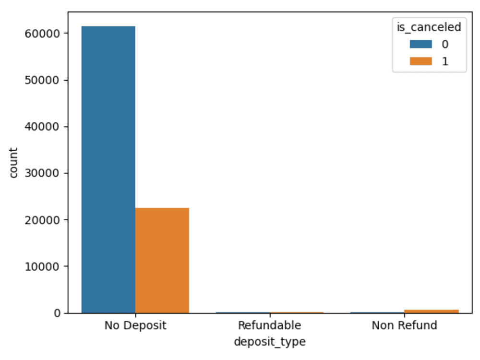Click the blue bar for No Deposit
coord(108,169)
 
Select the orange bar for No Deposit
coord(162,261)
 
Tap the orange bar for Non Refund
coord(432,312)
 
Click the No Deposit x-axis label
coord(135,325)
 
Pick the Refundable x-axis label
coord(270,325)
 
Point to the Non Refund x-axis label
coord(404,325)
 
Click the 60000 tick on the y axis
coord(42,34)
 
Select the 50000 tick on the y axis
coord(42,80)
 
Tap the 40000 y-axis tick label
coord(42,127)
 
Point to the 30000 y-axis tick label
coord(42,173)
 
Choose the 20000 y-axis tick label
coord(42,220)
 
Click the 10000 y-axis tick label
coord(42,266)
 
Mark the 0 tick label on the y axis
coord(57,313)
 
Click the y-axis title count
coord(13,163)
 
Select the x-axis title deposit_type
coord(270,342)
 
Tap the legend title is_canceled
coord(429,27)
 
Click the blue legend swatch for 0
coord(421,44)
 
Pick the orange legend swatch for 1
coord(421,61)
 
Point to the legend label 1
coord(445,61)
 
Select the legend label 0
coord(445,44)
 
